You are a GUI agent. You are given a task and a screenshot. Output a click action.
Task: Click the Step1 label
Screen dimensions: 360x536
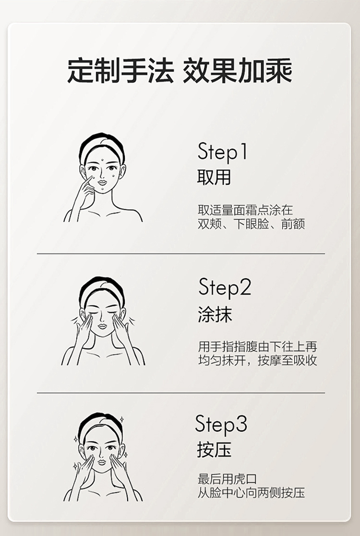tap(222, 153)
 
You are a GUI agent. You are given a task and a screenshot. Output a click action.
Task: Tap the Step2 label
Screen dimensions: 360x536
tap(225, 288)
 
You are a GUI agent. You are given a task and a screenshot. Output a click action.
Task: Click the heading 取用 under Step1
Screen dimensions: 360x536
tap(214, 178)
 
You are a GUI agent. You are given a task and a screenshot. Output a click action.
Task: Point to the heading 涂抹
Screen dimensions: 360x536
tap(215, 314)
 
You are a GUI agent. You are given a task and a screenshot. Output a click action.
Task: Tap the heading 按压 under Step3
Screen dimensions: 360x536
tap(214, 450)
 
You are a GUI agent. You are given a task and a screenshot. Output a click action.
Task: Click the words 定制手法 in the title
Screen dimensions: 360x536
tap(120, 71)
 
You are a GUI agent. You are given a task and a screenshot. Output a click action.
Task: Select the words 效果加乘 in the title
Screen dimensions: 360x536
tap(238, 71)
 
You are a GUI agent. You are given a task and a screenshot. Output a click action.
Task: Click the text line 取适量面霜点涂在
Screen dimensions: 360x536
tap(245, 210)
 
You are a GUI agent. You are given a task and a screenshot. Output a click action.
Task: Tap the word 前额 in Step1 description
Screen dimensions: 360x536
tap(293, 224)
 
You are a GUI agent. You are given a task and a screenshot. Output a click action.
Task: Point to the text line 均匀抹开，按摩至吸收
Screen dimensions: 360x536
tap(258, 360)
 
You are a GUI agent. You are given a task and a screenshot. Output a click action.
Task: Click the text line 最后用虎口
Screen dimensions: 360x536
tap(227, 479)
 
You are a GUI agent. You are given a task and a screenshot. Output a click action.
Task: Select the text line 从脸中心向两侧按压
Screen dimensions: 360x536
tap(252, 493)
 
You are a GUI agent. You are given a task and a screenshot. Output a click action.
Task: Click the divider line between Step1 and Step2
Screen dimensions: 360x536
tap(181, 254)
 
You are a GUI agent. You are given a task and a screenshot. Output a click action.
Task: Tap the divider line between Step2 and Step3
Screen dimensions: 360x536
tap(181, 393)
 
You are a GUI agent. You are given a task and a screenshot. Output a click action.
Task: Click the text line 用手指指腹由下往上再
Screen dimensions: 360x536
tap(257, 346)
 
